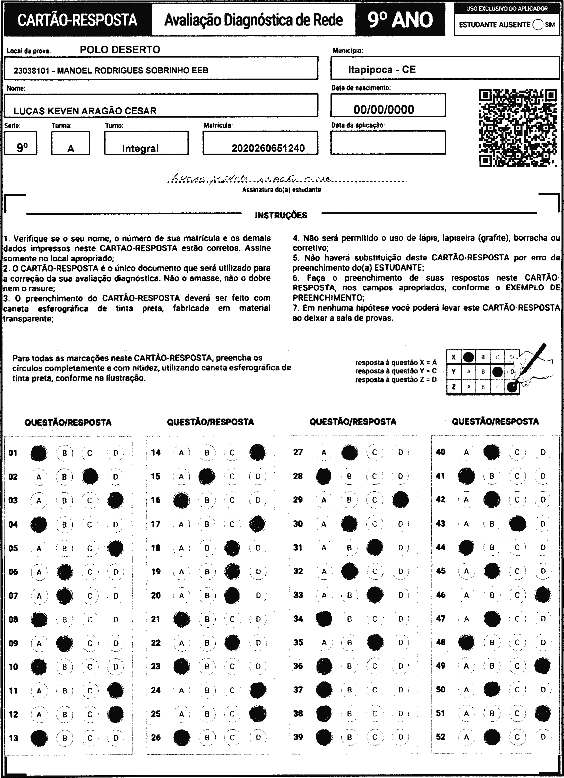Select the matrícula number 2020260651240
coord(268,148)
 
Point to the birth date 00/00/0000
coord(384,109)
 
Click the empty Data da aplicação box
coord(388,142)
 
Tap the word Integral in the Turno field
coord(140,148)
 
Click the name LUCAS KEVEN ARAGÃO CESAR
coord(85,111)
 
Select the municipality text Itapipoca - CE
coord(382,70)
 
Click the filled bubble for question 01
coord(39,453)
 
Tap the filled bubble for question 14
coord(257,452)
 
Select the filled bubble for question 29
coord(400,500)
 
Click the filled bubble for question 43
coord(517,524)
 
